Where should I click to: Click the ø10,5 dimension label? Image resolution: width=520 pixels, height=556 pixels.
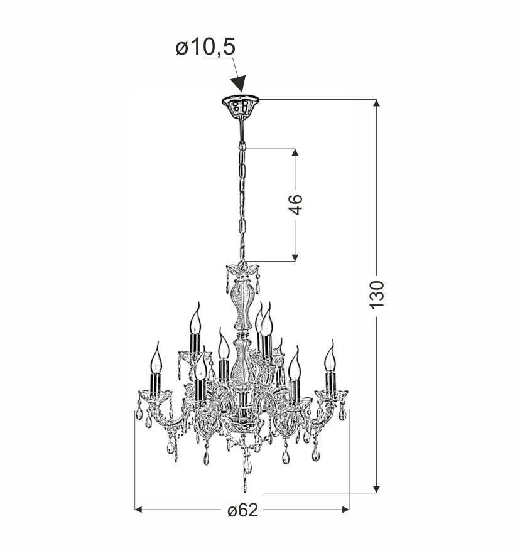[x=205, y=47]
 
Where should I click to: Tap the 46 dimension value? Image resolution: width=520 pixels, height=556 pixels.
[x=295, y=205]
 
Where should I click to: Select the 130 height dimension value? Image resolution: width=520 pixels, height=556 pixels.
[x=377, y=295]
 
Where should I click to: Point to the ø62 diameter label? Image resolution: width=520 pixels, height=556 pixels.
[x=243, y=510]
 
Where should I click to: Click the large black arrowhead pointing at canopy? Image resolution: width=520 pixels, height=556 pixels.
[x=239, y=84]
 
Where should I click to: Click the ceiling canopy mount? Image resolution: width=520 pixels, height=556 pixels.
[x=241, y=107]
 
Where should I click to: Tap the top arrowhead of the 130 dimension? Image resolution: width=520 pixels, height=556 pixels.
[x=377, y=103]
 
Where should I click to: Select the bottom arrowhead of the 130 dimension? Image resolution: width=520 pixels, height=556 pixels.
[x=377, y=489]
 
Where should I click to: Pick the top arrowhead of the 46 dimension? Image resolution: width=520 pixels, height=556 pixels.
[x=295, y=152]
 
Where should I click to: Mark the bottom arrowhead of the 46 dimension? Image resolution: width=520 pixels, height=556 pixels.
[x=295, y=257]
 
